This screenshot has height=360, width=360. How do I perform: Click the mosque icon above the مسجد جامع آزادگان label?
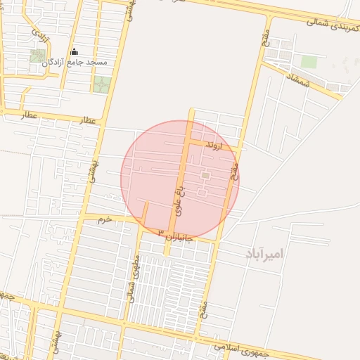coord(75,52)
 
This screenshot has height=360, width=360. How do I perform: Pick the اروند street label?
coord(212,146)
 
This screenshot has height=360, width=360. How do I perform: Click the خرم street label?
coord(104,220)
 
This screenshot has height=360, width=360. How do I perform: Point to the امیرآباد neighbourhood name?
coord(264,253)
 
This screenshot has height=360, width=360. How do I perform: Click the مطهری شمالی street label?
coord(134,279)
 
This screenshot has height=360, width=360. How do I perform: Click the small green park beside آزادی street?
coord(37,56)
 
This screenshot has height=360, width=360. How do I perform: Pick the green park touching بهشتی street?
coord(101,84)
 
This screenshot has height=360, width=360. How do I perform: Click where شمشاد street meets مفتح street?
coord(262,63)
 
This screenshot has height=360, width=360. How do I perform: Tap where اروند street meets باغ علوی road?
coord(188,141)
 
